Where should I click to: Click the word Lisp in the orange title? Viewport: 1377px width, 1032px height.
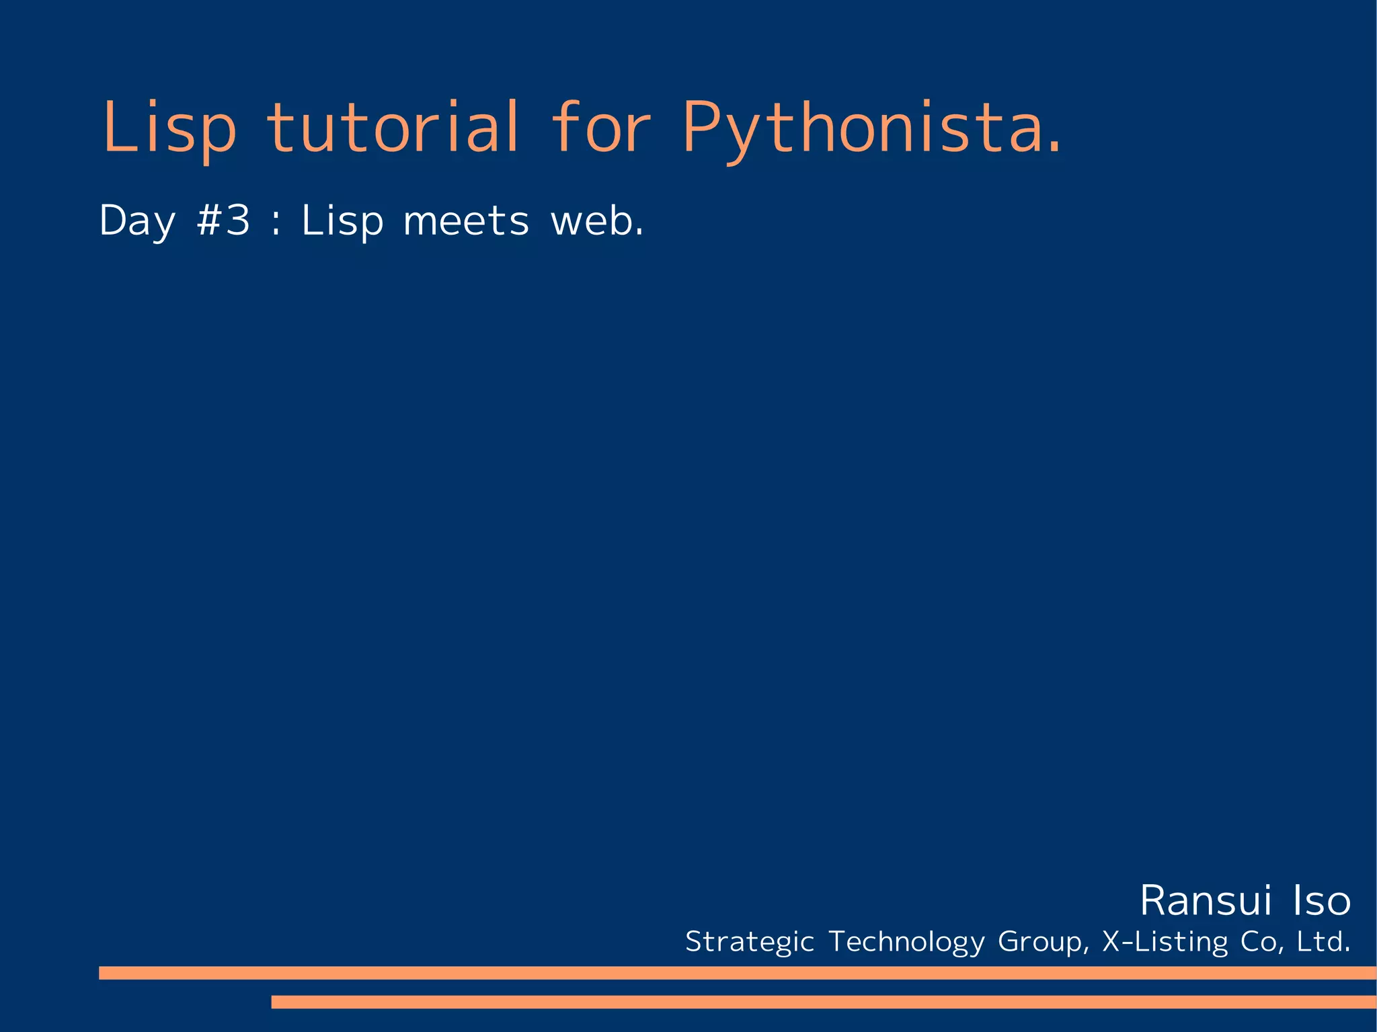coord(169,128)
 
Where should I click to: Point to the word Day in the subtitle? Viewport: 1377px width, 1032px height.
coord(137,221)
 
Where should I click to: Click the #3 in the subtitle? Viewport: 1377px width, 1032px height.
coord(223,220)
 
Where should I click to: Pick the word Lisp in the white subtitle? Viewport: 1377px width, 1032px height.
coord(342,221)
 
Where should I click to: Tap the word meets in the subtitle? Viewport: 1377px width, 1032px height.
coord(466,221)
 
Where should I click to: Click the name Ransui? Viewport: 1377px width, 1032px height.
coord(1206,901)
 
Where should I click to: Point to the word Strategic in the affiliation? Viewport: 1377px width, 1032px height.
coord(750,942)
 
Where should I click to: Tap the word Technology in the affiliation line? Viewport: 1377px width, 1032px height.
coord(906,942)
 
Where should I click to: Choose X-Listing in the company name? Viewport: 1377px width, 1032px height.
coord(1165,941)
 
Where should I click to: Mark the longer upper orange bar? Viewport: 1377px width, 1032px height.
coord(737,973)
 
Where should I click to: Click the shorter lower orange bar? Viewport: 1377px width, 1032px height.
coord(823,1002)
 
